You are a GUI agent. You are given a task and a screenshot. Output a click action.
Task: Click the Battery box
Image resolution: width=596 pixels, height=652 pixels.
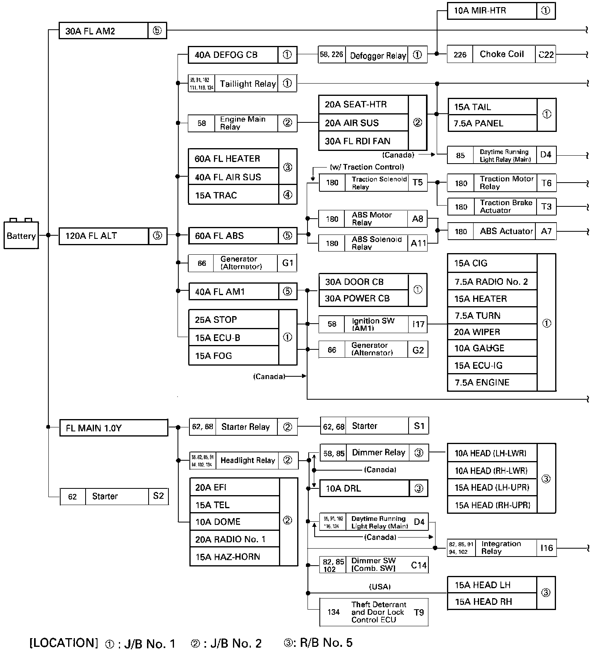click(21, 236)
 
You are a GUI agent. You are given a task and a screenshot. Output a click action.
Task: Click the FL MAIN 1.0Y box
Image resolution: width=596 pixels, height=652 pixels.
click(113, 428)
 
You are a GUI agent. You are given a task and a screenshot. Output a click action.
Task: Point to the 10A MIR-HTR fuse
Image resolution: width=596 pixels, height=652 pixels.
click(492, 11)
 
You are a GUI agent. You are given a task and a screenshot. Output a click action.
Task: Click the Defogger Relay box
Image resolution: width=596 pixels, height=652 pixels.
click(378, 55)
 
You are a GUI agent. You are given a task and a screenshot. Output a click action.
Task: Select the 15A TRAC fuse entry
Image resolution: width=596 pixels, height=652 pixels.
click(233, 195)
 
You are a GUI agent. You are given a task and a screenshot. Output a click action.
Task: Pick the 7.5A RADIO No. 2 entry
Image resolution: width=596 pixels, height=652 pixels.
click(492, 282)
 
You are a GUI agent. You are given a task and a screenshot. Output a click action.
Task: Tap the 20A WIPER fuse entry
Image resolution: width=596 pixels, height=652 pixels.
click(492, 332)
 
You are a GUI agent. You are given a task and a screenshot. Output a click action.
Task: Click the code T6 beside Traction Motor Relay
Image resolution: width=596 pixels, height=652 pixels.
click(546, 183)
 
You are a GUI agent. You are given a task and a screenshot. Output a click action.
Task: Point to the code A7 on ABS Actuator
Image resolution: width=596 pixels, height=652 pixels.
click(546, 231)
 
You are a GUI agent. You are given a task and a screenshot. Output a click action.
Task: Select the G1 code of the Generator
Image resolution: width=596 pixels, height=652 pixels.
click(287, 263)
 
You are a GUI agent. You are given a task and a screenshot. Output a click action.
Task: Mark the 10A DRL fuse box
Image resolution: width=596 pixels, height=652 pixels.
click(364, 488)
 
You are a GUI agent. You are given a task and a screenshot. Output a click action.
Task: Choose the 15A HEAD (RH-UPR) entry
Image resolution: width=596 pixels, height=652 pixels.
click(492, 505)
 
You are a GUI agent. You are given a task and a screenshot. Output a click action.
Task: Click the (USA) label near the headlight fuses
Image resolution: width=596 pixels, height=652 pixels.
click(380, 587)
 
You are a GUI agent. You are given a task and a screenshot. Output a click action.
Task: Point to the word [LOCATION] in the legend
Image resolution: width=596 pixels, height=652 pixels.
click(63, 642)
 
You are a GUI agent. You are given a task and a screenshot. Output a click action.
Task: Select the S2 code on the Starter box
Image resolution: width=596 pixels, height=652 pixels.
click(158, 496)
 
